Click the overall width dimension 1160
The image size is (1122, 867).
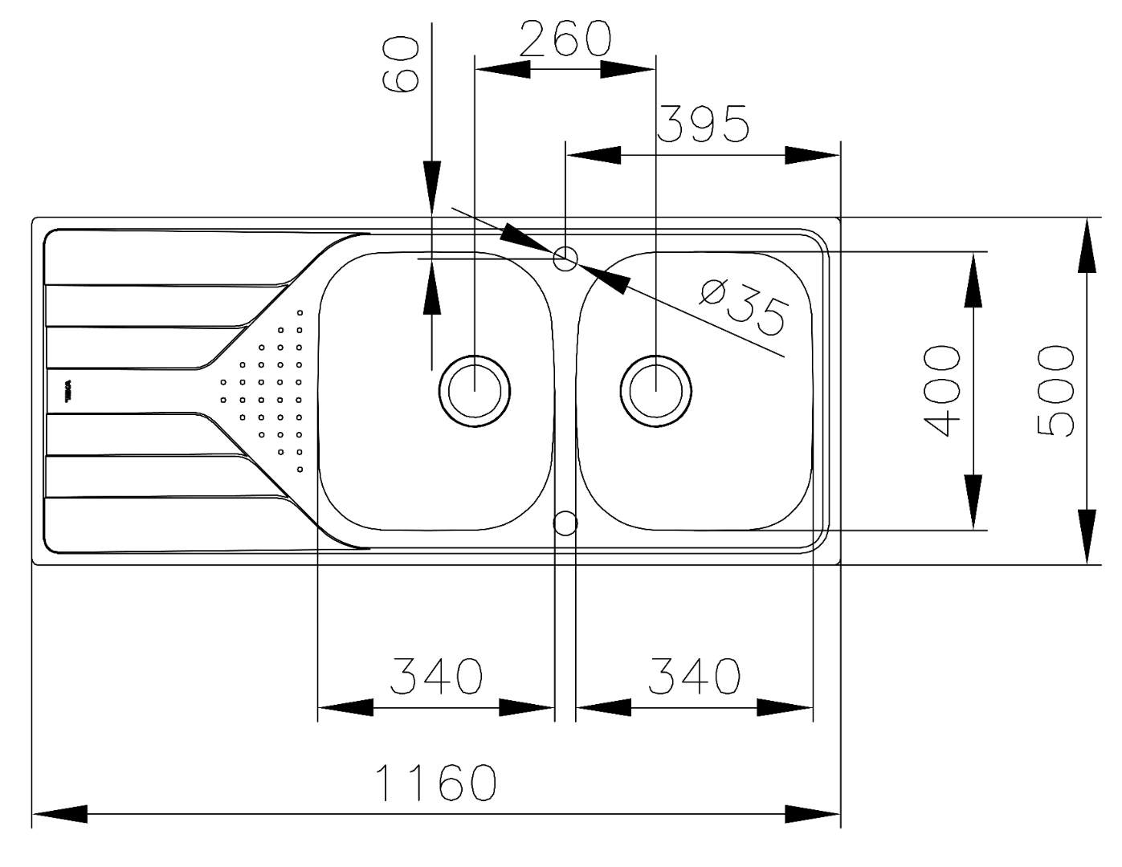(x=437, y=782)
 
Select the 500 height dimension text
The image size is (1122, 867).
(x=1055, y=391)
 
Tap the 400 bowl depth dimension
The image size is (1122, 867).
(x=941, y=391)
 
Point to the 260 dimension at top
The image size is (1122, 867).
(x=565, y=39)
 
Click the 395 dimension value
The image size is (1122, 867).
(x=704, y=124)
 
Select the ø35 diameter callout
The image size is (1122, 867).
(x=744, y=305)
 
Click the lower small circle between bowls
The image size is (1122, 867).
(x=565, y=523)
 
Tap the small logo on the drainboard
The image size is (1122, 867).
(x=68, y=392)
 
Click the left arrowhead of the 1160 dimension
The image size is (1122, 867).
(x=60, y=814)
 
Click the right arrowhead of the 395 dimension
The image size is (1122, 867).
(x=812, y=155)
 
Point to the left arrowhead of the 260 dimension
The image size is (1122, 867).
(x=503, y=70)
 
